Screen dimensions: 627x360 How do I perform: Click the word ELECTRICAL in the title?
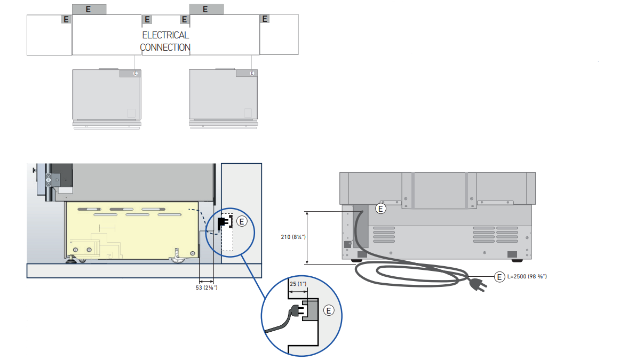point(165,35)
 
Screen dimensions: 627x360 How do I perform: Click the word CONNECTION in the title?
point(165,47)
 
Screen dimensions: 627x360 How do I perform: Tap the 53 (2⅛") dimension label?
point(207,287)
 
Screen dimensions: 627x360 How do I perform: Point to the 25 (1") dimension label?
point(298,284)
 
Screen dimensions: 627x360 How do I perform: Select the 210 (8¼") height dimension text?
point(293,237)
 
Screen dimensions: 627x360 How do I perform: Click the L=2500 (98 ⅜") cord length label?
point(527,276)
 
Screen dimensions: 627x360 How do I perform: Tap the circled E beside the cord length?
point(499,277)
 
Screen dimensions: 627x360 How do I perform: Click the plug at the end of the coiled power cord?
point(478,284)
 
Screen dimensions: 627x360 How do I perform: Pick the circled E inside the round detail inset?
point(329,310)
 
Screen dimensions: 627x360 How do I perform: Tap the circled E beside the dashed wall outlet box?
point(242,221)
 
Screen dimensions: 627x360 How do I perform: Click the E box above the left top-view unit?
point(89,9)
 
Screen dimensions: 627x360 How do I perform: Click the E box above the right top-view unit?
point(206,9)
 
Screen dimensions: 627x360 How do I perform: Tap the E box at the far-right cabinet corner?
point(265,19)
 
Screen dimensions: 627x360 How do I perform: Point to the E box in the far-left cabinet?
point(66,19)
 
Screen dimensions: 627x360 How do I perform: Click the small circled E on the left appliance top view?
point(135,74)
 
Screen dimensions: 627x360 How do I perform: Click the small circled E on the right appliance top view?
point(252,74)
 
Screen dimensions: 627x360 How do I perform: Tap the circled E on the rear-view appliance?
point(380,209)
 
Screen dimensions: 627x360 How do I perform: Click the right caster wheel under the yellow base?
point(177,257)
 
